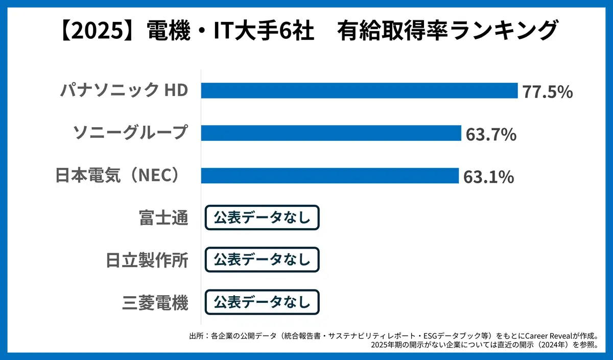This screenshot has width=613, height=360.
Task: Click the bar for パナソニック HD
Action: click(359, 91)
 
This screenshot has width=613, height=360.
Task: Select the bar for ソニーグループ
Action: click(331, 133)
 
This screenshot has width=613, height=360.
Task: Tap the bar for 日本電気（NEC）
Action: click(329, 176)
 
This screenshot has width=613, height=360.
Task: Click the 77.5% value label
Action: click(547, 92)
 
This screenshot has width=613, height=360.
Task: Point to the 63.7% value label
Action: click(491, 135)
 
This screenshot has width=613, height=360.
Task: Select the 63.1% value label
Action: click(488, 177)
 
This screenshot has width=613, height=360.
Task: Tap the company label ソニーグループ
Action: click(131, 133)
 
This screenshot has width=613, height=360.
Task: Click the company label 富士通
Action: click(163, 218)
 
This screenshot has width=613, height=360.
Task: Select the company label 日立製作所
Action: click(147, 260)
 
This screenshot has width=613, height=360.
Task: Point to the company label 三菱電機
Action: click(155, 303)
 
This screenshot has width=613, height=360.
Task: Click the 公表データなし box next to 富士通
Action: click(262, 218)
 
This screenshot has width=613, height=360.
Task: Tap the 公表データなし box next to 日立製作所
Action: click(262, 260)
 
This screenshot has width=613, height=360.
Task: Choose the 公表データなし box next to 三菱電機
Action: click(262, 302)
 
